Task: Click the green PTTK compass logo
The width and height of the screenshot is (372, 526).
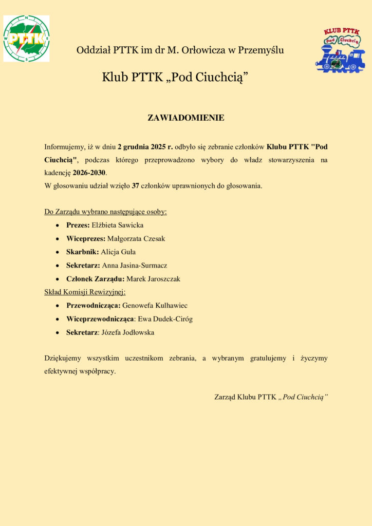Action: pos(26,39)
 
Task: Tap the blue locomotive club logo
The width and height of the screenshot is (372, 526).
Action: pos(340,50)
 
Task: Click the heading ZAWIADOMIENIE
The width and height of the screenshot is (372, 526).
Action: pos(186,118)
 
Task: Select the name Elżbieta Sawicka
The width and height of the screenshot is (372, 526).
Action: pos(118,225)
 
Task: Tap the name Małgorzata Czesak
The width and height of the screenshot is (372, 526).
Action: pos(136,238)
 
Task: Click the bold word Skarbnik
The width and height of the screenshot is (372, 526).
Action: pos(80,252)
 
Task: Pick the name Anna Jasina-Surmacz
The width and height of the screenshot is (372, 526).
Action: pos(135,265)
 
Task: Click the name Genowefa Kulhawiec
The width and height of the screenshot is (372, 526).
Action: pos(155,305)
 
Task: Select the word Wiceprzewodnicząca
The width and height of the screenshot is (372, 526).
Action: pos(97,318)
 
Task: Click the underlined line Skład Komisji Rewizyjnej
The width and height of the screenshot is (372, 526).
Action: pos(81,292)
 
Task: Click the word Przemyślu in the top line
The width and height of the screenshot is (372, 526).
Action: pos(261,50)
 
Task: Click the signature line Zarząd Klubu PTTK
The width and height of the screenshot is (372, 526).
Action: pos(271,397)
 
